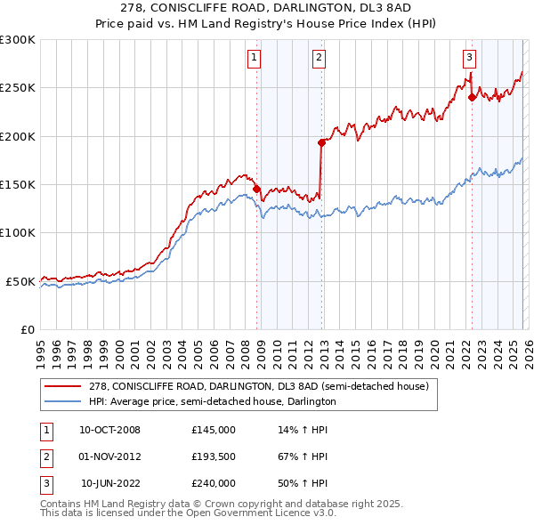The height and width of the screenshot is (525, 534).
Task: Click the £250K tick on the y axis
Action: pos(18,88)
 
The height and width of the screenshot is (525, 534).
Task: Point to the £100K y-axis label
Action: pos(18,233)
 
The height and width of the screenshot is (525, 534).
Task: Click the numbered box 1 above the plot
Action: pos(255,58)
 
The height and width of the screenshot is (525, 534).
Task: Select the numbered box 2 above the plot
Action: pos(319,58)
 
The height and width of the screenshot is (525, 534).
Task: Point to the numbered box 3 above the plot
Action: pos(469,58)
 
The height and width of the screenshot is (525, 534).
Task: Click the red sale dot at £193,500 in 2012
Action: pos(320,142)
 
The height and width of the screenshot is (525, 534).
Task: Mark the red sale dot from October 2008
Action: pos(256,189)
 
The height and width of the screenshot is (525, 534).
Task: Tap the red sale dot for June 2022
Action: pos(472,98)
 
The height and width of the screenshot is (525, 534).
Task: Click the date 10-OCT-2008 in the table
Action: pos(110,430)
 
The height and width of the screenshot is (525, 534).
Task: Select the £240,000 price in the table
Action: pos(214,483)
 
